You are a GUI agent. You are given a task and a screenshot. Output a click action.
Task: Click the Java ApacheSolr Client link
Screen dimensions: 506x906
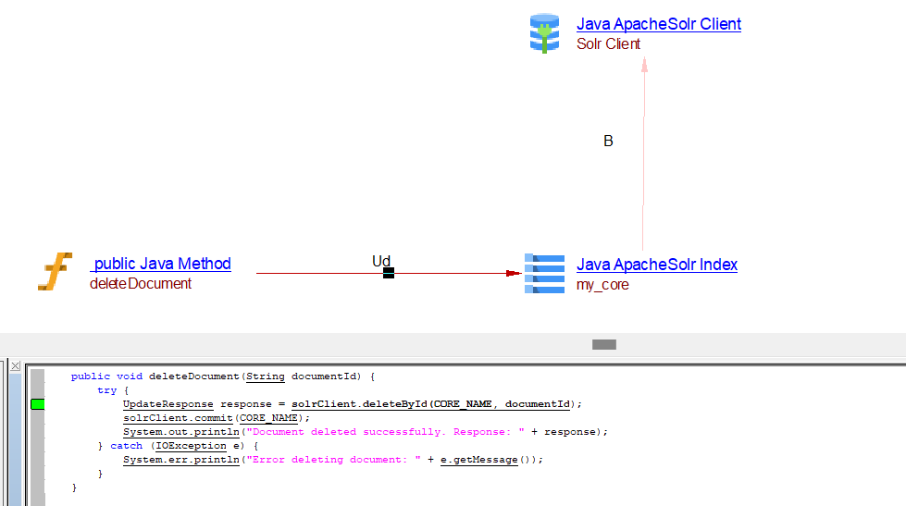[658, 24]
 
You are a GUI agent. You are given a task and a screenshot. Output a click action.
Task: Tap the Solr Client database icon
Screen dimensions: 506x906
[544, 33]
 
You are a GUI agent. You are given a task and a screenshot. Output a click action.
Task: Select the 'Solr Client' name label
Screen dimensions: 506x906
[608, 43]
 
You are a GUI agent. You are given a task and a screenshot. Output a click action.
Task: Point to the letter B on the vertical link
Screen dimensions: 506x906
[608, 142]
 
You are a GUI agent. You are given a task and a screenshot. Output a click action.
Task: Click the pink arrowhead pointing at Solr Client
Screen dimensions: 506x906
[644, 64]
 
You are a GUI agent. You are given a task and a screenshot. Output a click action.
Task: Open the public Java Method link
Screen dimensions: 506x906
[161, 264]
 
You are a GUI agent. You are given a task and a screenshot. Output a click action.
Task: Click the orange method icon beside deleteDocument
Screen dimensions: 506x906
[55, 272]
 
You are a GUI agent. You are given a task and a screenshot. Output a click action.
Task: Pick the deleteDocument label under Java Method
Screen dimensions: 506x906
[141, 283]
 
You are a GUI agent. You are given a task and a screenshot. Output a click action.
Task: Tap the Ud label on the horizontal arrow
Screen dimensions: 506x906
[381, 262]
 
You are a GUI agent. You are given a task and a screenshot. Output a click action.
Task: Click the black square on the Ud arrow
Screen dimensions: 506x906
[389, 273]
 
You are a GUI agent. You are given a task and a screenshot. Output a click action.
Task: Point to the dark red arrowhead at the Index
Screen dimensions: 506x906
[514, 273]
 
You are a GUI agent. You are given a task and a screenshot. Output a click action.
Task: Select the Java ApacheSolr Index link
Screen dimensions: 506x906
[657, 265]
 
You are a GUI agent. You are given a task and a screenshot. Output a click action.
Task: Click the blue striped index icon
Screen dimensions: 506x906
[544, 273]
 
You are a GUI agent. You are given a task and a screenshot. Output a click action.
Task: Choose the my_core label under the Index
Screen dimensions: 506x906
[602, 285]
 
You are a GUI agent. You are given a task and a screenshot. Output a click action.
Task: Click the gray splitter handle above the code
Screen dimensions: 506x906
[604, 344]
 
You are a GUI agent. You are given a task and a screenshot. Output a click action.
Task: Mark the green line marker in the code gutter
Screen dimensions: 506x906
[38, 404]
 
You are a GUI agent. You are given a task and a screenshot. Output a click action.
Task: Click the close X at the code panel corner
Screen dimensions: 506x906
[16, 366]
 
